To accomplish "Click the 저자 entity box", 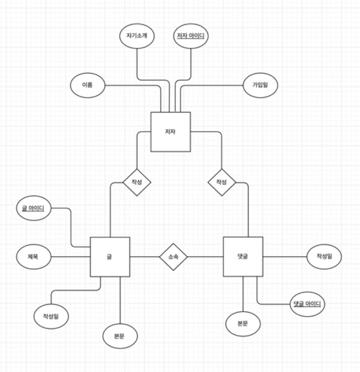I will coord(170,132).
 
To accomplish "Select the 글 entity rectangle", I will coord(110,257).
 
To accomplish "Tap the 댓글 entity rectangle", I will coord(243,257).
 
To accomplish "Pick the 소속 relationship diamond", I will coord(173,257).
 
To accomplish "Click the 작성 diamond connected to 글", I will coord(137,182).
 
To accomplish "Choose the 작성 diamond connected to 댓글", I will coord(222,182).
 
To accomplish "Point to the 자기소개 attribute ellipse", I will coord(137,36).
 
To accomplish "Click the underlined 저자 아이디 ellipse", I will coord(190,36).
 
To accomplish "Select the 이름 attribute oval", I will coord(87,85).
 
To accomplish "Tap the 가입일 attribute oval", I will coord(260,85).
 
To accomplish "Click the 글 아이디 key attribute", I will coord(34,208).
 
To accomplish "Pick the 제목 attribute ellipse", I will coord(33,257).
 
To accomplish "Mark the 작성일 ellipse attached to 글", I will coord(51,317).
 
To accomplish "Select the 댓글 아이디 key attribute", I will coord(307,304).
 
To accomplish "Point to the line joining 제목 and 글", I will coord(70,257).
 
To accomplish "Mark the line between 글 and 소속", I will coord(144,257).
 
